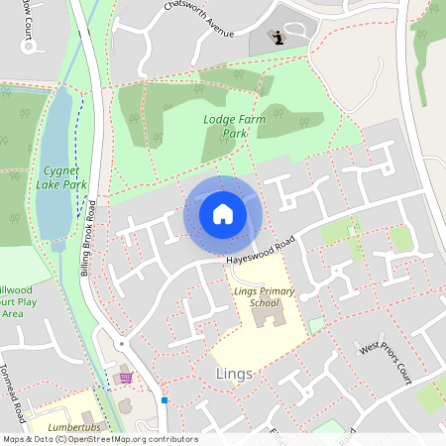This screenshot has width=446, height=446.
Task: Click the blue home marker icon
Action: tap(223, 214)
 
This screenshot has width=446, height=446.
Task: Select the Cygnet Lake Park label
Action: tap(60, 177)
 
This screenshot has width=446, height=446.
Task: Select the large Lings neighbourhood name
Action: tap(235, 374)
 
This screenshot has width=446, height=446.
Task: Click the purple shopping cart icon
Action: tap(126, 378)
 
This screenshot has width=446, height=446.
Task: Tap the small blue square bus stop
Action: tap(166, 400)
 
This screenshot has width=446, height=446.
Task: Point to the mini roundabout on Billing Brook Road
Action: tap(122, 343)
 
